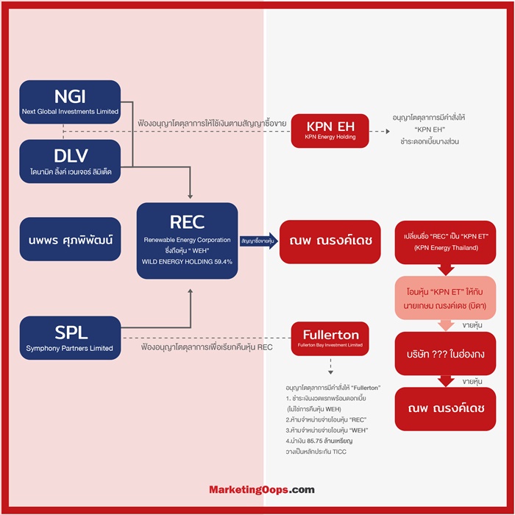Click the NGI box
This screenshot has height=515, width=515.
pyautogui.click(x=70, y=102)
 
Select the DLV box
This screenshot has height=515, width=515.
pyautogui.click(x=70, y=161)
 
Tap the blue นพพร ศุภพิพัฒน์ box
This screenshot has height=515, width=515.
pyautogui.click(x=71, y=239)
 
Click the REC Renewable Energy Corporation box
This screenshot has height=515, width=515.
pyautogui.click(x=187, y=241)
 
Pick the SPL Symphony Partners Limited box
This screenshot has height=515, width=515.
pyautogui.click(x=71, y=338)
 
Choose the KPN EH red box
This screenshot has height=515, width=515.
pyautogui.click(x=330, y=131)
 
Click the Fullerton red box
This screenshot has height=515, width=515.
pyautogui.click(x=330, y=338)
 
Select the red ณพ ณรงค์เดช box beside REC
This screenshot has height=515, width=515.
pyautogui.click(x=330, y=242)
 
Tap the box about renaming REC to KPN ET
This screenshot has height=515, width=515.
pyautogui.click(x=445, y=242)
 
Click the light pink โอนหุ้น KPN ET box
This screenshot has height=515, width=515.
pyautogui.click(x=445, y=298)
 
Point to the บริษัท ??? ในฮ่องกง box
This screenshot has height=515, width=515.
pyautogui.click(x=445, y=354)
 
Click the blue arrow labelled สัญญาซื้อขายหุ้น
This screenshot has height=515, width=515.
pyautogui.click(x=259, y=241)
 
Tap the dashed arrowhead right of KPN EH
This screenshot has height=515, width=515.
pyautogui.click(x=388, y=132)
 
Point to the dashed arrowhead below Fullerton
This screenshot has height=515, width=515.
pyautogui.click(x=331, y=372)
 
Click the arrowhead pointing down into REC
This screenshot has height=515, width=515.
pyautogui.click(x=190, y=196)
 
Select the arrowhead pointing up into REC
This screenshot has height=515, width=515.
pyautogui.click(x=190, y=291)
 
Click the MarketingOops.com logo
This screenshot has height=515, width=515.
pyautogui.click(x=262, y=490)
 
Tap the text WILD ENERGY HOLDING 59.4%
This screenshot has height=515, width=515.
pyautogui.click(x=187, y=262)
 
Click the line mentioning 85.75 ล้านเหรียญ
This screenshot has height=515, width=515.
pyautogui.click(x=319, y=441)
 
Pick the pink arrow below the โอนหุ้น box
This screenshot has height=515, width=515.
pyautogui.click(x=446, y=325)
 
